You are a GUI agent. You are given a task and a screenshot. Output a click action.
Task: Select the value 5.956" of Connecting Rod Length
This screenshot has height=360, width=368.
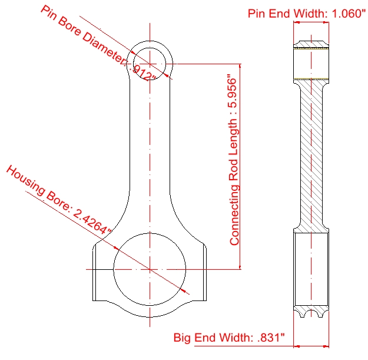click(233, 91)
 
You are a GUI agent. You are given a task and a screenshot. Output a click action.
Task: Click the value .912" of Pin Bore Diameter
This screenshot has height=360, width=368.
click(143, 72)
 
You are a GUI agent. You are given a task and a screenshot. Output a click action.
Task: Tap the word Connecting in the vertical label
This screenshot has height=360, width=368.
click(234, 215)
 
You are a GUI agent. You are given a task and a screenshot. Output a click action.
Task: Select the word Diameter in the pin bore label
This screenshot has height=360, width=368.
click(106, 49)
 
